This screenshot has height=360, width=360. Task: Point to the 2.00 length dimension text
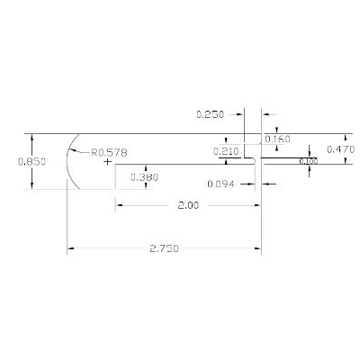(x=188, y=206)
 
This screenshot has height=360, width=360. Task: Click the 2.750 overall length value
(x=164, y=247)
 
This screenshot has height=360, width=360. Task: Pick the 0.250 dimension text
(x=211, y=114)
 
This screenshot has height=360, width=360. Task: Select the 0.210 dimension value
(x=225, y=151)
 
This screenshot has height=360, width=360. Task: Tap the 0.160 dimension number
(x=278, y=140)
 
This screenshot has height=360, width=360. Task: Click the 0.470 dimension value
(x=340, y=148)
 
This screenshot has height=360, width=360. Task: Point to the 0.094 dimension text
(x=220, y=184)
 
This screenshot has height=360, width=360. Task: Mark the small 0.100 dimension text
(x=308, y=162)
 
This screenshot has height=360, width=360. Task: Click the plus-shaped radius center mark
(x=108, y=164)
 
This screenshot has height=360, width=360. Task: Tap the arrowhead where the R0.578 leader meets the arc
(x=76, y=148)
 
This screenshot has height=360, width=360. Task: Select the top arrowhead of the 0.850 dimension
(x=32, y=138)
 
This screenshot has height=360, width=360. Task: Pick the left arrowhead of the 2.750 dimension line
(x=70, y=247)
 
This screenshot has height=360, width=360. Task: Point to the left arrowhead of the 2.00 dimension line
(x=119, y=206)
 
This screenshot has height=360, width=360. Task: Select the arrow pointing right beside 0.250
(x=239, y=114)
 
